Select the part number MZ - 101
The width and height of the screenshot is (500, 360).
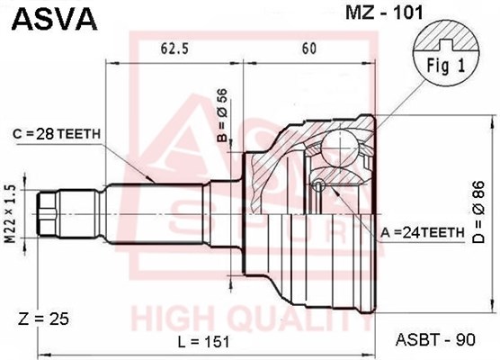[384, 13]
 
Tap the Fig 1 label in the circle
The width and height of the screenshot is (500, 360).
[446, 66]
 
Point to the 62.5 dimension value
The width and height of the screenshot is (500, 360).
[174, 49]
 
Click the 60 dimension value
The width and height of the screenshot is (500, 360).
[308, 49]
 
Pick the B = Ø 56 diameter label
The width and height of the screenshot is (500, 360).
[222, 115]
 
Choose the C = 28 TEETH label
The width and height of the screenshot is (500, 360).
[57, 134]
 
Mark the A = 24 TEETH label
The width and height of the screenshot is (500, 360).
[422, 233]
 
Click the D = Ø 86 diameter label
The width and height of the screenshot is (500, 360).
[478, 212]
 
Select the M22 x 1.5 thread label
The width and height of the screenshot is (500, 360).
[11, 214]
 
